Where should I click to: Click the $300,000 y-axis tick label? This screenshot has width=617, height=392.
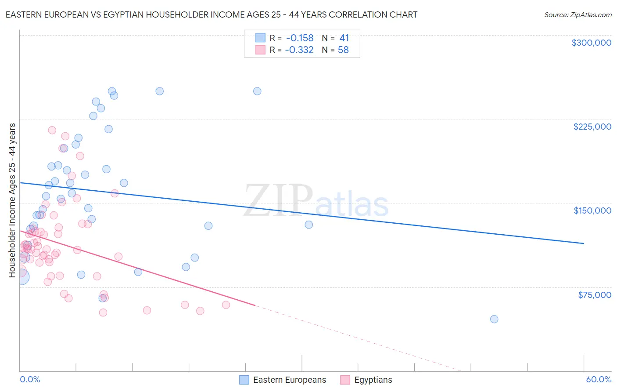click(591, 43)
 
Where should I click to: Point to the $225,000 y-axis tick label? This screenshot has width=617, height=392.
click(592, 127)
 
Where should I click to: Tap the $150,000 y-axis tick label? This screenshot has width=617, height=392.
click(592, 211)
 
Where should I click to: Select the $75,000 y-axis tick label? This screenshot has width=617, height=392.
click(594, 295)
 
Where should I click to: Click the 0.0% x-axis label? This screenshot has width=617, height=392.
click(30, 379)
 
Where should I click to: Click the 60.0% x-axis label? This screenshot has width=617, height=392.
click(598, 379)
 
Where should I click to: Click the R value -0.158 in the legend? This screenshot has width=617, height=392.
click(299, 38)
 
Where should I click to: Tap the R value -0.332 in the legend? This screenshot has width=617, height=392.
click(299, 50)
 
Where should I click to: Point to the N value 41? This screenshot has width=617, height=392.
click(344, 38)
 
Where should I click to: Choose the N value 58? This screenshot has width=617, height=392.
click(343, 50)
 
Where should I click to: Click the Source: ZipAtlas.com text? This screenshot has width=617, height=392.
click(578, 15)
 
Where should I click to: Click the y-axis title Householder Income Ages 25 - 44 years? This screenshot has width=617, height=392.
click(12, 200)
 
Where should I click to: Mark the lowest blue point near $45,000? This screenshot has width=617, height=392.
click(494, 319)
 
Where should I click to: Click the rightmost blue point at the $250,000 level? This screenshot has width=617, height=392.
click(257, 91)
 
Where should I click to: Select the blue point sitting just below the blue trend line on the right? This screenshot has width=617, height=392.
click(309, 225)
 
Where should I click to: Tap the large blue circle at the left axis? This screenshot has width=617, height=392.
click(21, 277)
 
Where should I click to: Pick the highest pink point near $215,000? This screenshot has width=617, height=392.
click(52, 130)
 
